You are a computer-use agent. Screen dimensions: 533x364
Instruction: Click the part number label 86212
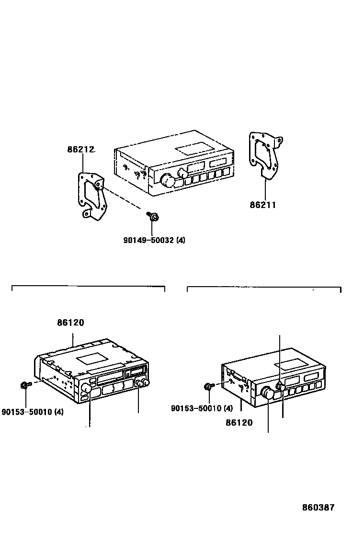tap(80, 150)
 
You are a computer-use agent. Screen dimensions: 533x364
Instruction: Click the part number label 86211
tap(262, 205)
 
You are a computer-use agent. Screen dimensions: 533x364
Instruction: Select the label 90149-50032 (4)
tap(154, 240)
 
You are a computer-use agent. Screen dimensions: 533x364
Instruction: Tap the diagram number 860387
tap(318, 508)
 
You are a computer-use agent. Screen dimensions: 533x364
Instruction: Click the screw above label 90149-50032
tap(153, 218)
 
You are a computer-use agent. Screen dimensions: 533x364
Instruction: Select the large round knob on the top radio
tap(167, 181)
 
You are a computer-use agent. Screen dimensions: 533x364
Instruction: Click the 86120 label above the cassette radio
tap(70, 323)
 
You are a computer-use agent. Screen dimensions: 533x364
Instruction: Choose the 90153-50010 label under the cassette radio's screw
tap(33, 411)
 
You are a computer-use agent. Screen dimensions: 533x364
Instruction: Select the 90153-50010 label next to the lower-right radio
tap(202, 408)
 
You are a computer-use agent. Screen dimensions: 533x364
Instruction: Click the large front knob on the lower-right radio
tap(267, 394)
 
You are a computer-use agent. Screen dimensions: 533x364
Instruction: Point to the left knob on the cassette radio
tap(87, 388)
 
